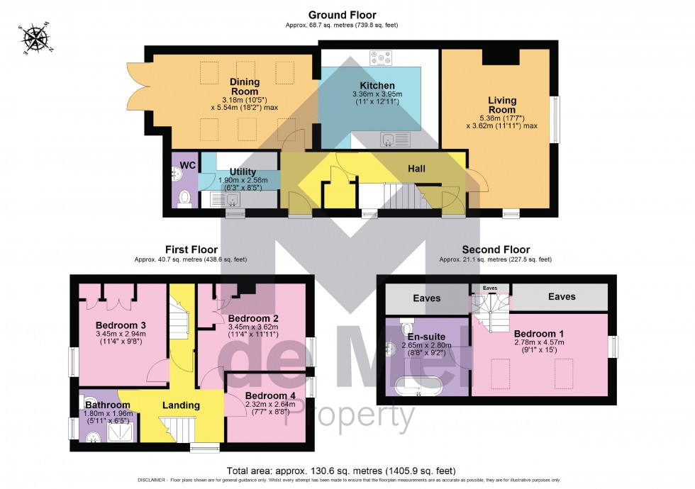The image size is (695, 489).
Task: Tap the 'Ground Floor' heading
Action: tap(342, 14)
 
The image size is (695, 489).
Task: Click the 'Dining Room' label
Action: tap(244, 86)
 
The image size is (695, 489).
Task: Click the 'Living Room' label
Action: tap(501, 105)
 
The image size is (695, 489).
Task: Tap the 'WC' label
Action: tap(188, 165)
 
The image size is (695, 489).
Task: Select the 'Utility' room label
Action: tap(243, 172)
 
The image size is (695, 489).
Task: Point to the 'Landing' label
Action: tap(180, 405)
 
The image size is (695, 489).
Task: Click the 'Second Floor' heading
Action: tap(496, 249)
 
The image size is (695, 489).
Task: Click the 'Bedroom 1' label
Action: tap(539, 334)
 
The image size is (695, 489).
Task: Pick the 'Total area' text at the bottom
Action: tap(341, 471)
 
